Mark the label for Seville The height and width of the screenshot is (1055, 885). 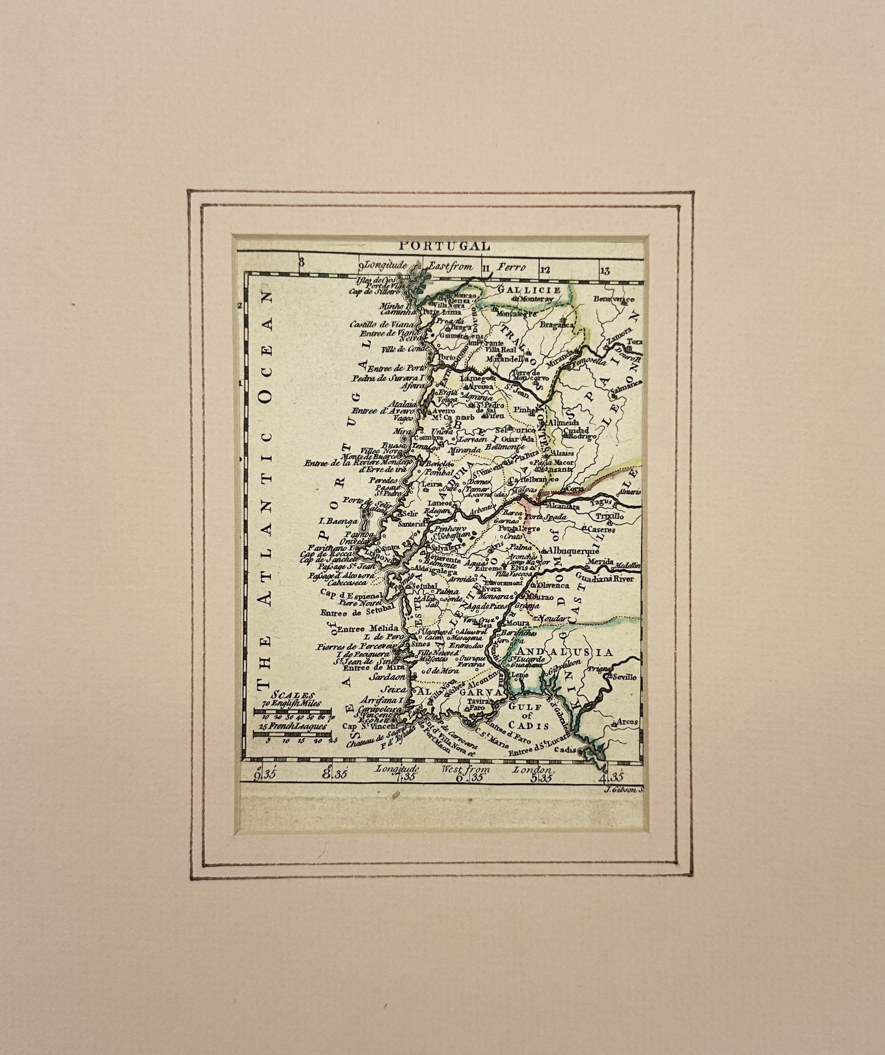(x=624, y=677)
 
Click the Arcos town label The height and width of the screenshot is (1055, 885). (x=627, y=721)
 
